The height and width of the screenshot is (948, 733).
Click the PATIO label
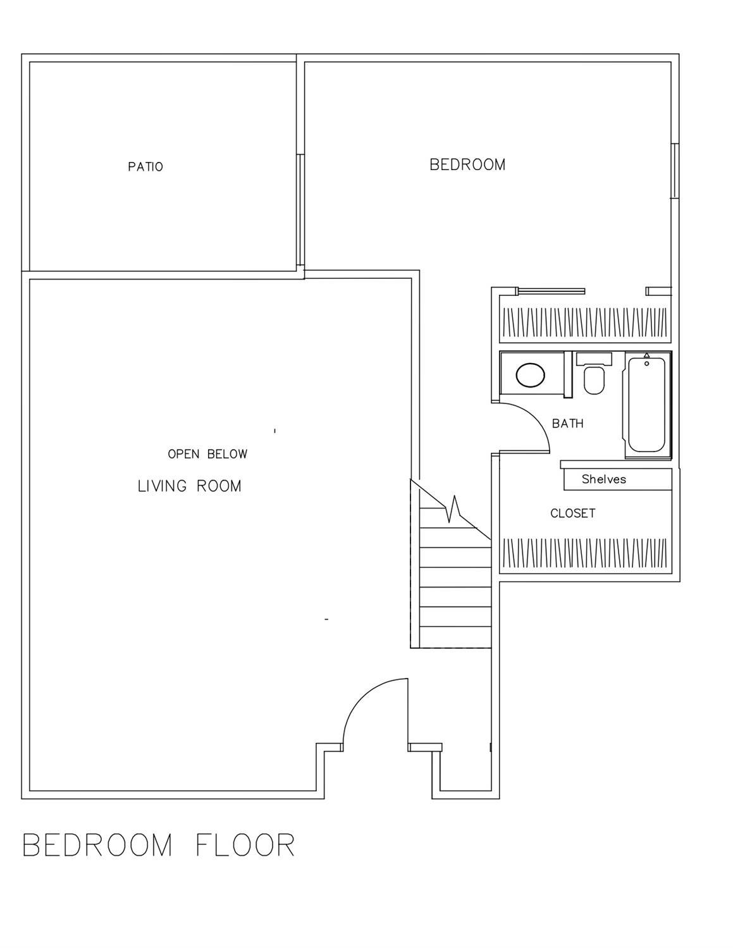point(145,167)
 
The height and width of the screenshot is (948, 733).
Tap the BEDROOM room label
point(467,165)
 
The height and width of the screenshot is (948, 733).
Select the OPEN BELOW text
point(207,454)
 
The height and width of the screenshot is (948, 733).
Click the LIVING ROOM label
point(190,486)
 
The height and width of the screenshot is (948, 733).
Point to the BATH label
point(567,424)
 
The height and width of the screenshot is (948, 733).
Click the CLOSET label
point(572,514)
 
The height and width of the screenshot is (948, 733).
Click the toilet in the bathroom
point(594,378)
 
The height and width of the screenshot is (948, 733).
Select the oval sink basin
point(530,375)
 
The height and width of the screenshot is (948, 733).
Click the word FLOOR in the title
point(245,846)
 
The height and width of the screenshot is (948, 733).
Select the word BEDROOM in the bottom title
point(97,846)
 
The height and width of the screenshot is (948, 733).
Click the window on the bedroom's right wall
point(675,171)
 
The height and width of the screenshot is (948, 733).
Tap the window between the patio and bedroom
point(300,209)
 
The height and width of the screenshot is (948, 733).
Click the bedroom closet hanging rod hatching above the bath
point(584,323)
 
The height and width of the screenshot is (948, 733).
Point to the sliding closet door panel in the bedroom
point(550,292)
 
